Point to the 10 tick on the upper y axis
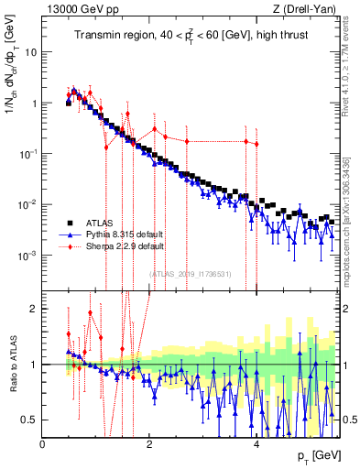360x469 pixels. coord(32,52)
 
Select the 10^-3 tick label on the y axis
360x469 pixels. coord(28,255)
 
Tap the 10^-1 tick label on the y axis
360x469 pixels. coord(28,153)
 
